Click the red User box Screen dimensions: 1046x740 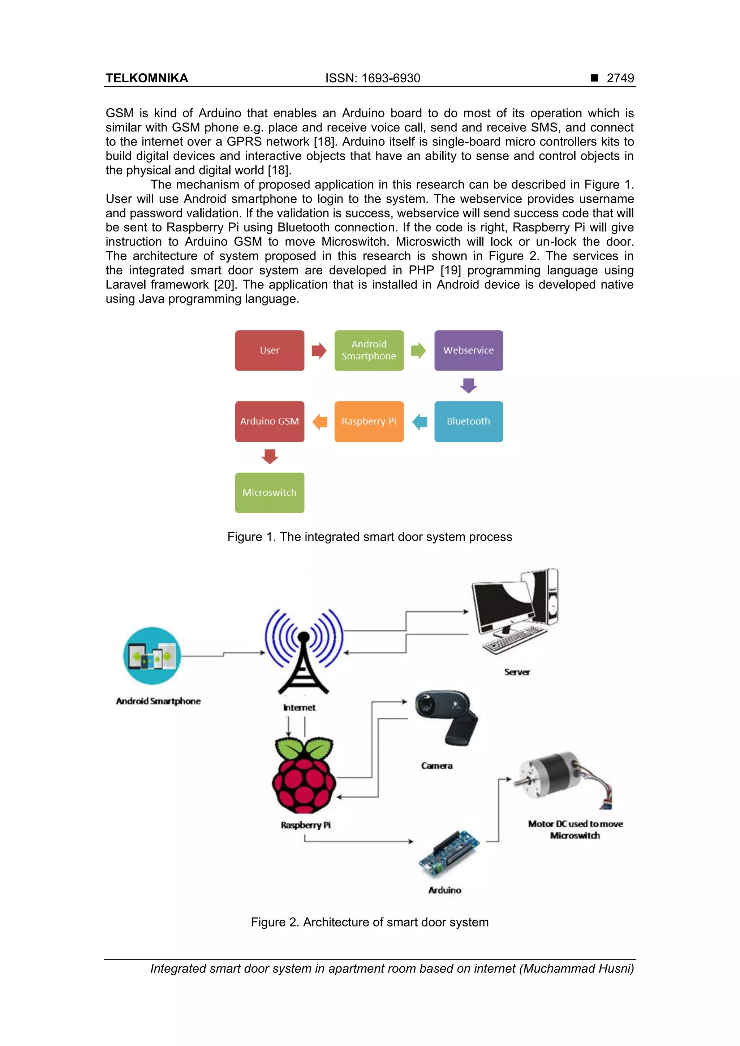(x=270, y=350)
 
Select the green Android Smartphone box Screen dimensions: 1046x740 (x=369, y=350)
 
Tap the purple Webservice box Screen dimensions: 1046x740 (x=468, y=350)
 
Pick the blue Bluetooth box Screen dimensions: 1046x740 (x=468, y=421)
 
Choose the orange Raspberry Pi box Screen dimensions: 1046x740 (x=369, y=421)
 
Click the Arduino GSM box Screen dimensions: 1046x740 (x=270, y=421)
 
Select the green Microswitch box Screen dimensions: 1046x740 (x=270, y=492)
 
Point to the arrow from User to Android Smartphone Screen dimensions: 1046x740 (x=319, y=350)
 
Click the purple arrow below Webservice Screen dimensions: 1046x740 (x=468, y=385)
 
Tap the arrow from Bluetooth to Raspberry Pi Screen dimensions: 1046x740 (x=420, y=421)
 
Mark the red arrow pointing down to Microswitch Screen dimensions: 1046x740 (x=270, y=456)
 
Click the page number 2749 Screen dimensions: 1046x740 (x=620, y=78)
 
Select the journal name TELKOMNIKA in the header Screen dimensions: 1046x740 (x=147, y=78)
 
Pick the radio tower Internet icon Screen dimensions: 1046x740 (x=304, y=651)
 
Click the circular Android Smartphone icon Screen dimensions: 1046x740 (x=152, y=656)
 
